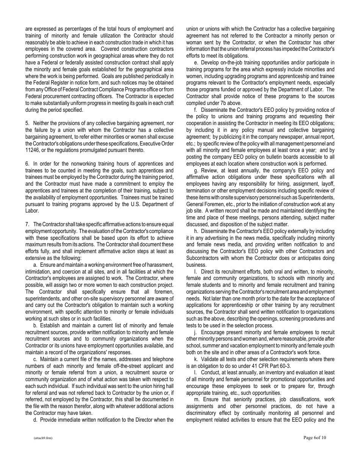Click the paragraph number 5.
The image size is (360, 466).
click(27, 123)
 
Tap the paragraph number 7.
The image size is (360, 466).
click(27, 225)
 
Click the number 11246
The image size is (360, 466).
click(32, 150)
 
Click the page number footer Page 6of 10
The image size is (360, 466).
click(315, 438)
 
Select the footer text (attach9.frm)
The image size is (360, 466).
click(42, 438)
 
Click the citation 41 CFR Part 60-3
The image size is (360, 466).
click(263, 366)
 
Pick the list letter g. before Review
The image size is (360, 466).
click(196, 170)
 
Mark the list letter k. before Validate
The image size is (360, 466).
click(196, 359)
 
